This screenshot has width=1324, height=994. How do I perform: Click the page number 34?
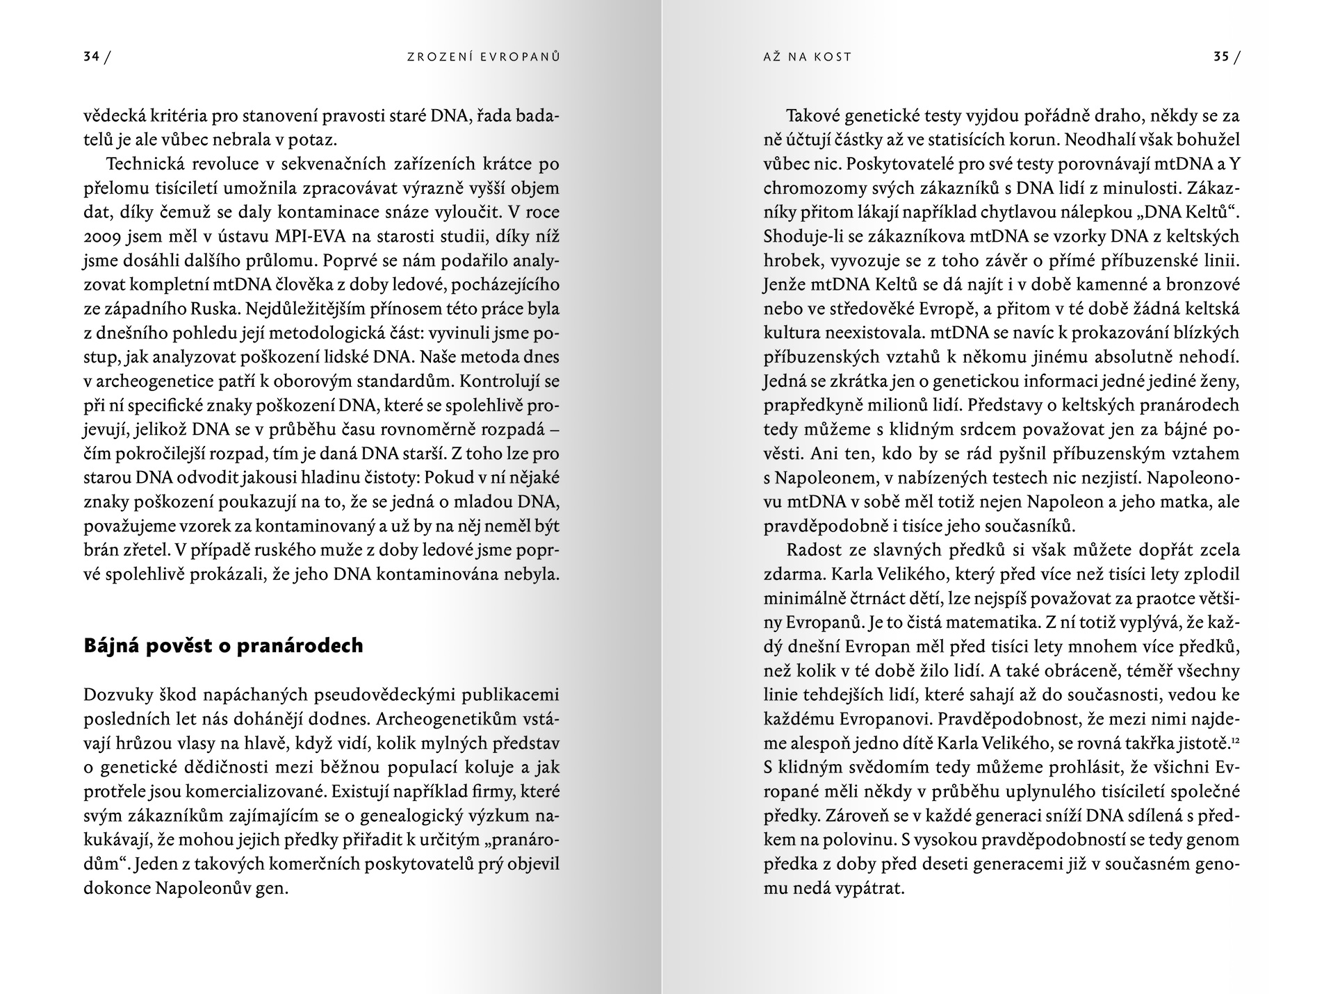pos(91,58)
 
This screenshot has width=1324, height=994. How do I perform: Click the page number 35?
pos(1221,58)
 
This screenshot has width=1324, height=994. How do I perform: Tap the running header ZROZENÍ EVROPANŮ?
pos(484,58)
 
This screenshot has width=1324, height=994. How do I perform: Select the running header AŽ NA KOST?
pos(807,58)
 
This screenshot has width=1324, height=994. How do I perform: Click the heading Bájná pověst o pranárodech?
pos(223,646)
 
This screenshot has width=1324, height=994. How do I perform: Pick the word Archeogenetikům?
pos(436,719)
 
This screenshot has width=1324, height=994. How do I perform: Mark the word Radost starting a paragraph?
pos(814,550)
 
